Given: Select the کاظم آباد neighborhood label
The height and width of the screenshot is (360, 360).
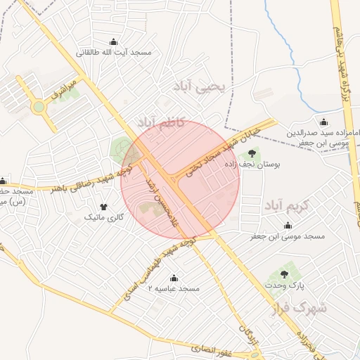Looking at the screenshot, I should pyautogui.click(x=162, y=122).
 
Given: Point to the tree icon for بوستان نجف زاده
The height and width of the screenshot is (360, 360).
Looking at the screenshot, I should pyautogui.click(x=251, y=154).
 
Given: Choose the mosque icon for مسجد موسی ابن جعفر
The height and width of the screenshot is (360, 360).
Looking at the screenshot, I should pyautogui.click(x=287, y=225).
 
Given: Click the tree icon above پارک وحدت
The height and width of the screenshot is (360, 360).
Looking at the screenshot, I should pyautogui.click(x=284, y=274).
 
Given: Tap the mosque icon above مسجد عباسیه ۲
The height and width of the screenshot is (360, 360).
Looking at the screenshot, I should pyautogui.click(x=174, y=277).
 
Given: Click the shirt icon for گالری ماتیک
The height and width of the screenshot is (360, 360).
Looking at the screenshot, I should pyautogui.click(x=104, y=207).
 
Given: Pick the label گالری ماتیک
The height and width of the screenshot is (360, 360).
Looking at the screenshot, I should pyautogui.click(x=103, y=218).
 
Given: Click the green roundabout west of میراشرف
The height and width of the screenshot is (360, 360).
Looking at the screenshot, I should pyautogui.click(x=38, y=108).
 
